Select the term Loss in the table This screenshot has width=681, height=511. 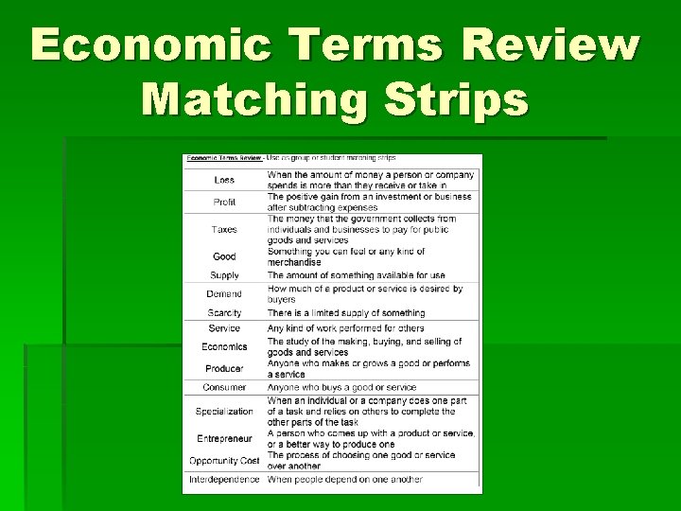point(224,180)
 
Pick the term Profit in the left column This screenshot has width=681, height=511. point(224,202)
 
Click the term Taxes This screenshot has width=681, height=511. point(224,229)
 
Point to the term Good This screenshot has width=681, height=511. point(224,256)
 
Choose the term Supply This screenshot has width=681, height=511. point(224,275)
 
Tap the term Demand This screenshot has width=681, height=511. point(224,294)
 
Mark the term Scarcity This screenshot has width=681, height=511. point(224,312)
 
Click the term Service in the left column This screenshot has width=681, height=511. point(224,328)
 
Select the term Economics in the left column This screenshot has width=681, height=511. point(224,346)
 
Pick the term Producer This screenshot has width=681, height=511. point(224,368)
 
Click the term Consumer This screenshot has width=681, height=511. point(224,387)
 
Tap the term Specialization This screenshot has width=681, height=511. point(224,412)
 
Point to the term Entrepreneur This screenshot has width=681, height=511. point(224,438)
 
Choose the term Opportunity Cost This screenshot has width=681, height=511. point(224,460)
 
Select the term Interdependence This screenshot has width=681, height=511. point(224,480)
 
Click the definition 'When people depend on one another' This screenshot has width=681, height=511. point(344,480)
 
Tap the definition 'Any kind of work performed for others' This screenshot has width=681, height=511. point(345,328)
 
